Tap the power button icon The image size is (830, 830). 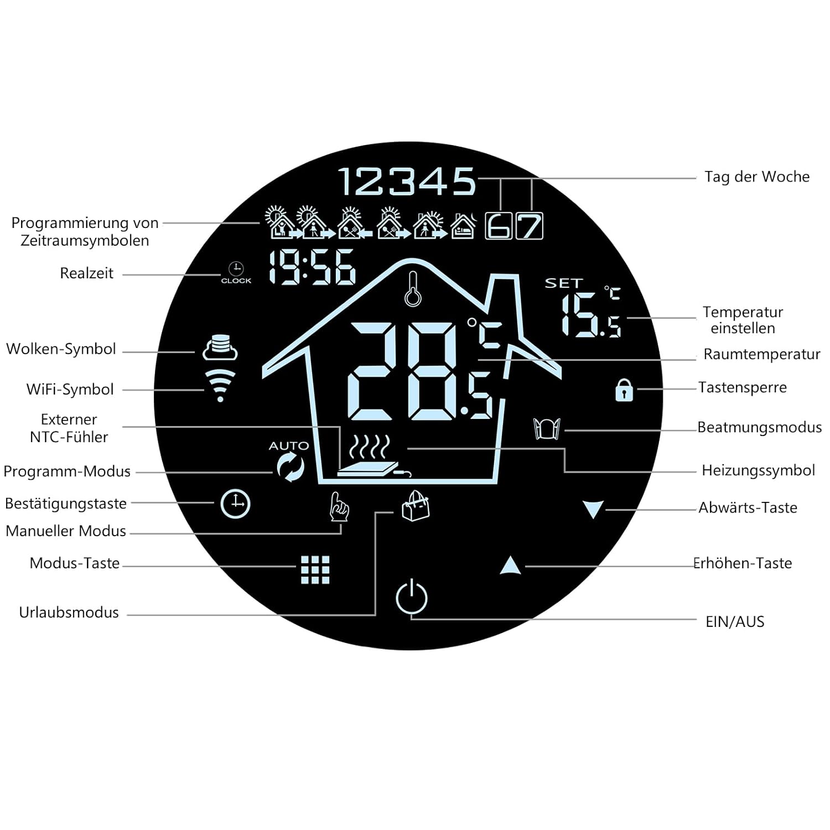pos(412,597)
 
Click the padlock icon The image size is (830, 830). pos(624,390)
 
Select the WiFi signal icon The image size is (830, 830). pos(220,385)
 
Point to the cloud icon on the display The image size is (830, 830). pos(220,347)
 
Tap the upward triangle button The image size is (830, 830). pos(510,566)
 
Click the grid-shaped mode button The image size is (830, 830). pos(315,570)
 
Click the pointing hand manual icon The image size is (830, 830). pos(339,507)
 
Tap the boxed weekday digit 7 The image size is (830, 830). pos(530,226)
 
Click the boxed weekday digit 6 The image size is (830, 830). pos(499,226)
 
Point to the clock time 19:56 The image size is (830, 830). pos(312,268)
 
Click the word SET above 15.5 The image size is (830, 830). pos(563,283)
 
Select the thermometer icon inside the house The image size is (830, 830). pos(412,289)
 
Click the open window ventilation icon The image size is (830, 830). pos(547,429)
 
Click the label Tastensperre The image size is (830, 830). pos(742,387)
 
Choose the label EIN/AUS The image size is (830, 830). pos(735,622)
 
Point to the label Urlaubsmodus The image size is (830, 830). pos(69,613)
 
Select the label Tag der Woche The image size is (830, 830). pos(756,177)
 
